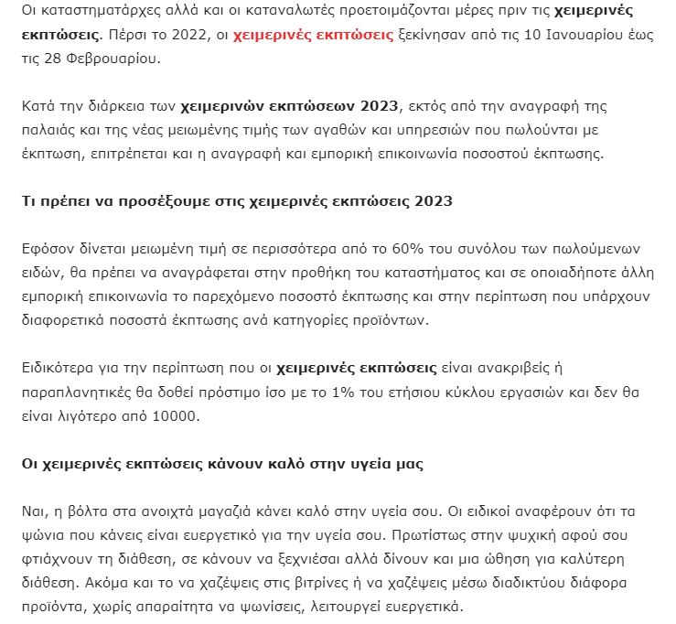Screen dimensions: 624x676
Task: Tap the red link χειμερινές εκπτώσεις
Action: coord(314,37)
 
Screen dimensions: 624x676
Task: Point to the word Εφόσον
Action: coord(46,250)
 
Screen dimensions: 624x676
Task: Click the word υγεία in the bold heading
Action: coord(366,464)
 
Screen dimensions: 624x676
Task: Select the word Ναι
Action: coord(33,511)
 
